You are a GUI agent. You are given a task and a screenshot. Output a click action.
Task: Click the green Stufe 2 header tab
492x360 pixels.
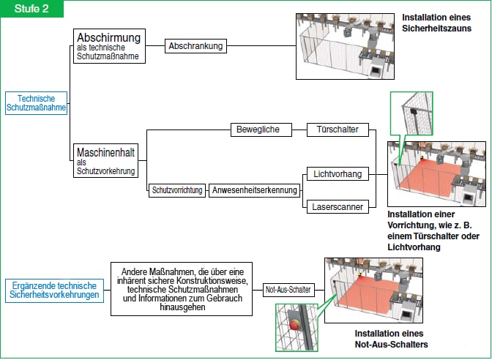(31, 8)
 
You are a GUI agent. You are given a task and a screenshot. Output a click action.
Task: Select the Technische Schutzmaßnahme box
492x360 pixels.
(37, 102)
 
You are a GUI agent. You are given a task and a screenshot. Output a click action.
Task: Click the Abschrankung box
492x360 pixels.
(195, 45)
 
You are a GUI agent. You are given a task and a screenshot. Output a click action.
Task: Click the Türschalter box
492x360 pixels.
(337, 130)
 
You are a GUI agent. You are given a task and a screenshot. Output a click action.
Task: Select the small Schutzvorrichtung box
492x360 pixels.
(176, 190)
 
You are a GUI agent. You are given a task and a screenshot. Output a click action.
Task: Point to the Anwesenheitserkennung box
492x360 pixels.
(255, 190)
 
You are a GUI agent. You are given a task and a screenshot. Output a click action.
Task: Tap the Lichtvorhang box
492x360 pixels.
(337, 174)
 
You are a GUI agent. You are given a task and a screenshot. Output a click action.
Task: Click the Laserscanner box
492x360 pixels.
(337, 207)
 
